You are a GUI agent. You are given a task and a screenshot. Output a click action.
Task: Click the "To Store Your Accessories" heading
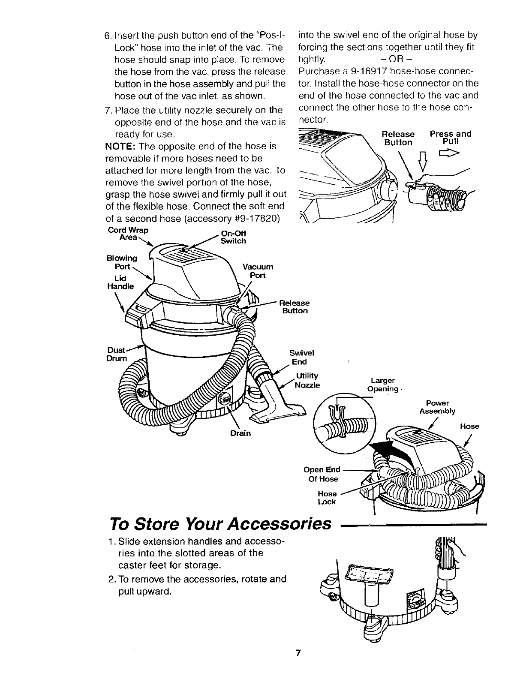click(x=221, y=523)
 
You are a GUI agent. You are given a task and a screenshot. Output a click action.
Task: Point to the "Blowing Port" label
click(x=122, y=261)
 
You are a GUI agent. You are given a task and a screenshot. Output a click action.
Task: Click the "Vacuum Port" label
click(x=258, y=270)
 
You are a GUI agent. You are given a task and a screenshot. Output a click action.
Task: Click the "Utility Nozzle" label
click(x=307, y=380)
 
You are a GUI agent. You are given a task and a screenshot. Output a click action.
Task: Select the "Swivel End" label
click(x=302, y=357)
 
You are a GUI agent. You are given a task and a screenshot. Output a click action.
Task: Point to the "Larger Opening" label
click(x=382, y=385)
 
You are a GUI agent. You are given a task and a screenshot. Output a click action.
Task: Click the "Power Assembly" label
click(x=437, y=407)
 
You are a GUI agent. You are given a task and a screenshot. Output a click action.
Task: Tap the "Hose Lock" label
click(x=327, y=498)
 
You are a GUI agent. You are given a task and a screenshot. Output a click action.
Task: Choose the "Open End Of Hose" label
click(x=322, y=474)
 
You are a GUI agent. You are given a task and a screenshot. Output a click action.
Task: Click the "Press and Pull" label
click(x=450, y=137)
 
